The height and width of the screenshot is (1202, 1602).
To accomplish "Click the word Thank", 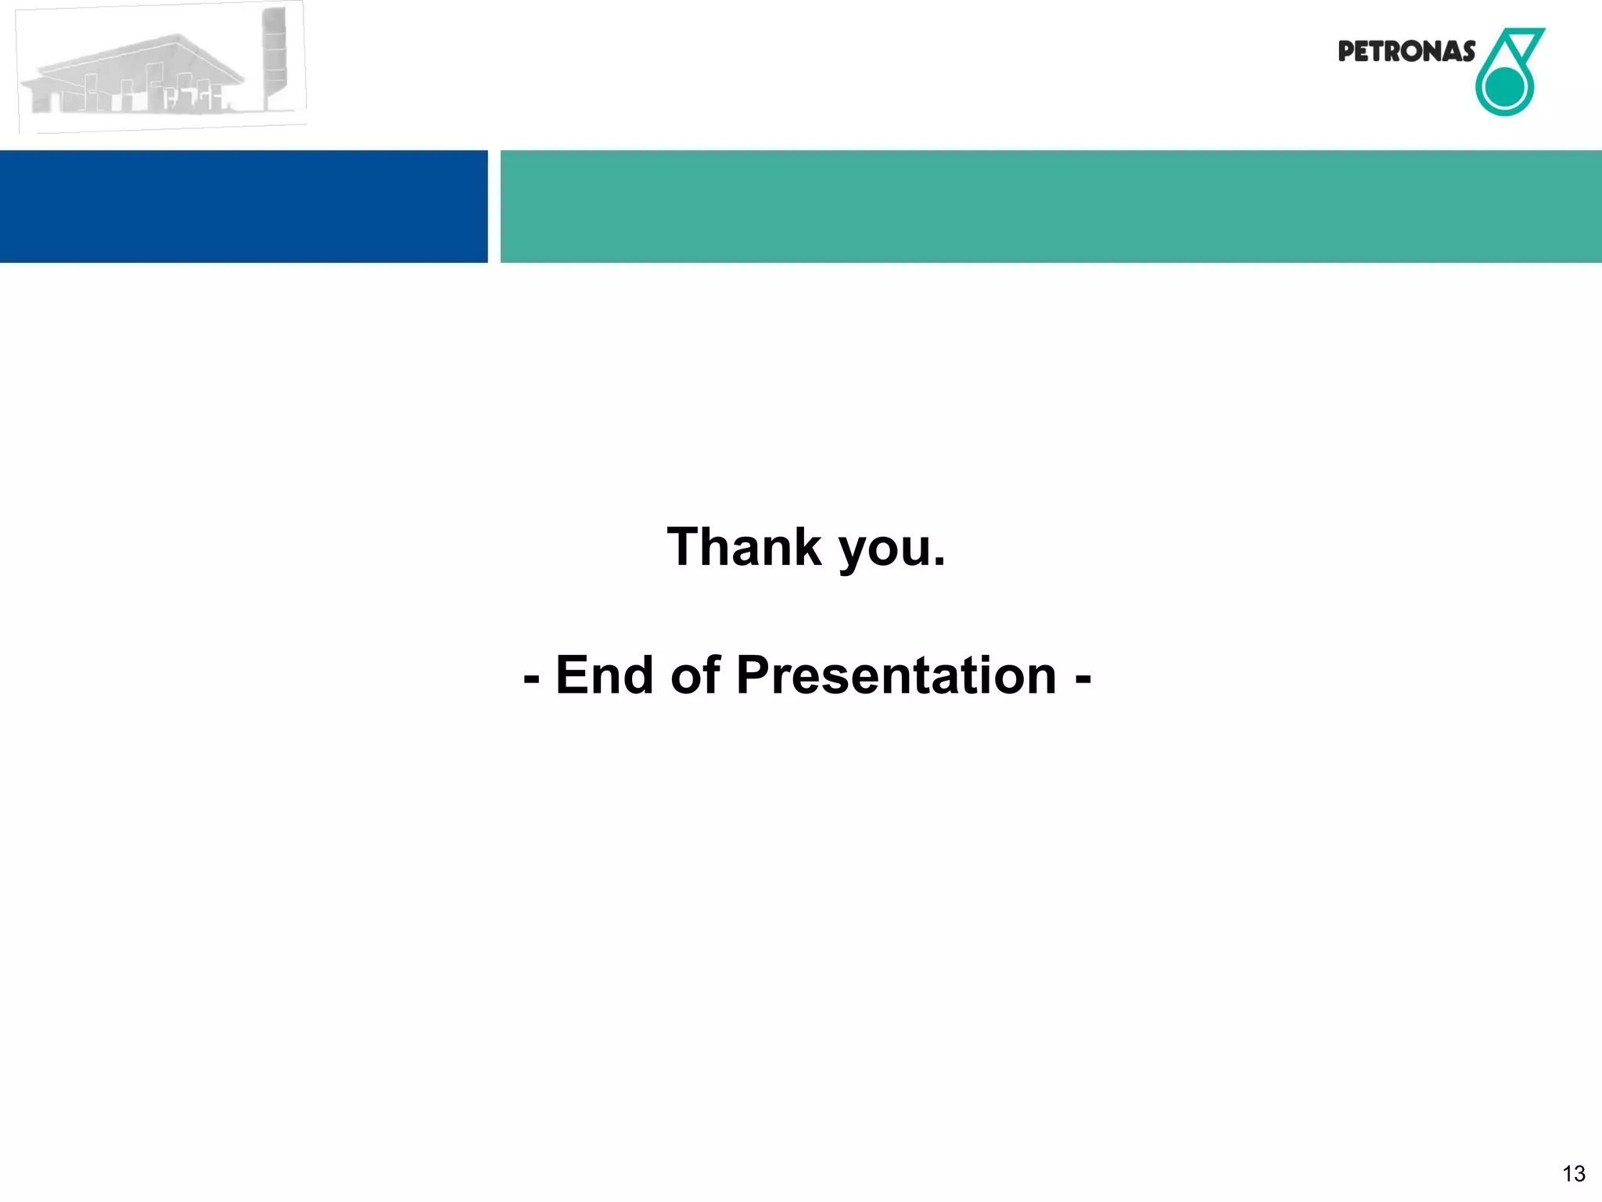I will pyautogui.click(x=743, y=547).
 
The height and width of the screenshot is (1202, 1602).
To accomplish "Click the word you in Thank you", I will pyautogui.click(x=884, y=550).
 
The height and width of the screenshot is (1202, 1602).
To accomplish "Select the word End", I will pyautogui.click(x=604, y=675).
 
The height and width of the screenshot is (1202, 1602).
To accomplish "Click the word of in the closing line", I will pyautogui.click(x=695, y=675).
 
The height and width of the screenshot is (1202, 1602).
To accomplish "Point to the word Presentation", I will pyautogui.click(x=896, y=675).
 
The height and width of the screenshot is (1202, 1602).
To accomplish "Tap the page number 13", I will pyautogui.click(x=1573, y=1174).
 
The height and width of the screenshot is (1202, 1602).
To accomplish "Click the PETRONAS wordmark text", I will pyautogui.click(x=1406, y=52).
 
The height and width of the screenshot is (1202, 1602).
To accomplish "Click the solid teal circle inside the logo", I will pyautogui.click(x=1503, y=88).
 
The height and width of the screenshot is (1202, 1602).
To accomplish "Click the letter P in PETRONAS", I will pyautogui.click(x=1346, y=52).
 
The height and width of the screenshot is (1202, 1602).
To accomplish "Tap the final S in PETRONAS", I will pyautogui.click(x=1467, y=52).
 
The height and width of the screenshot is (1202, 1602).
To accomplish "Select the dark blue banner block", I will pyautogui.click(x=243, y=207).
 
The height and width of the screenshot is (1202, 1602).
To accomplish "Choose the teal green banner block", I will pyautogui.click(x=1051, y=207).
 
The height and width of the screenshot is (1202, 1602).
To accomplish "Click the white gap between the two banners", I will pyautogui.click(x=494, y=207).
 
